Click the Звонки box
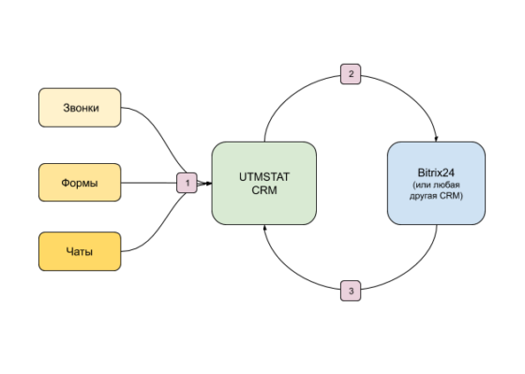[x=80, y=108]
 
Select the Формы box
[x=80, y=182]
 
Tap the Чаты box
[x=80, y=251]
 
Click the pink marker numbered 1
[x=187, y=182]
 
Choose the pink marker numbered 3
[x=350, y=292]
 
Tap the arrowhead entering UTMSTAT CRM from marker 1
[x=207, y=182]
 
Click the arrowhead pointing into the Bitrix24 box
[x=435, y=137]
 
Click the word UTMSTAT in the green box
[x=263, y=175]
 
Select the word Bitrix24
[x=435, y=172]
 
